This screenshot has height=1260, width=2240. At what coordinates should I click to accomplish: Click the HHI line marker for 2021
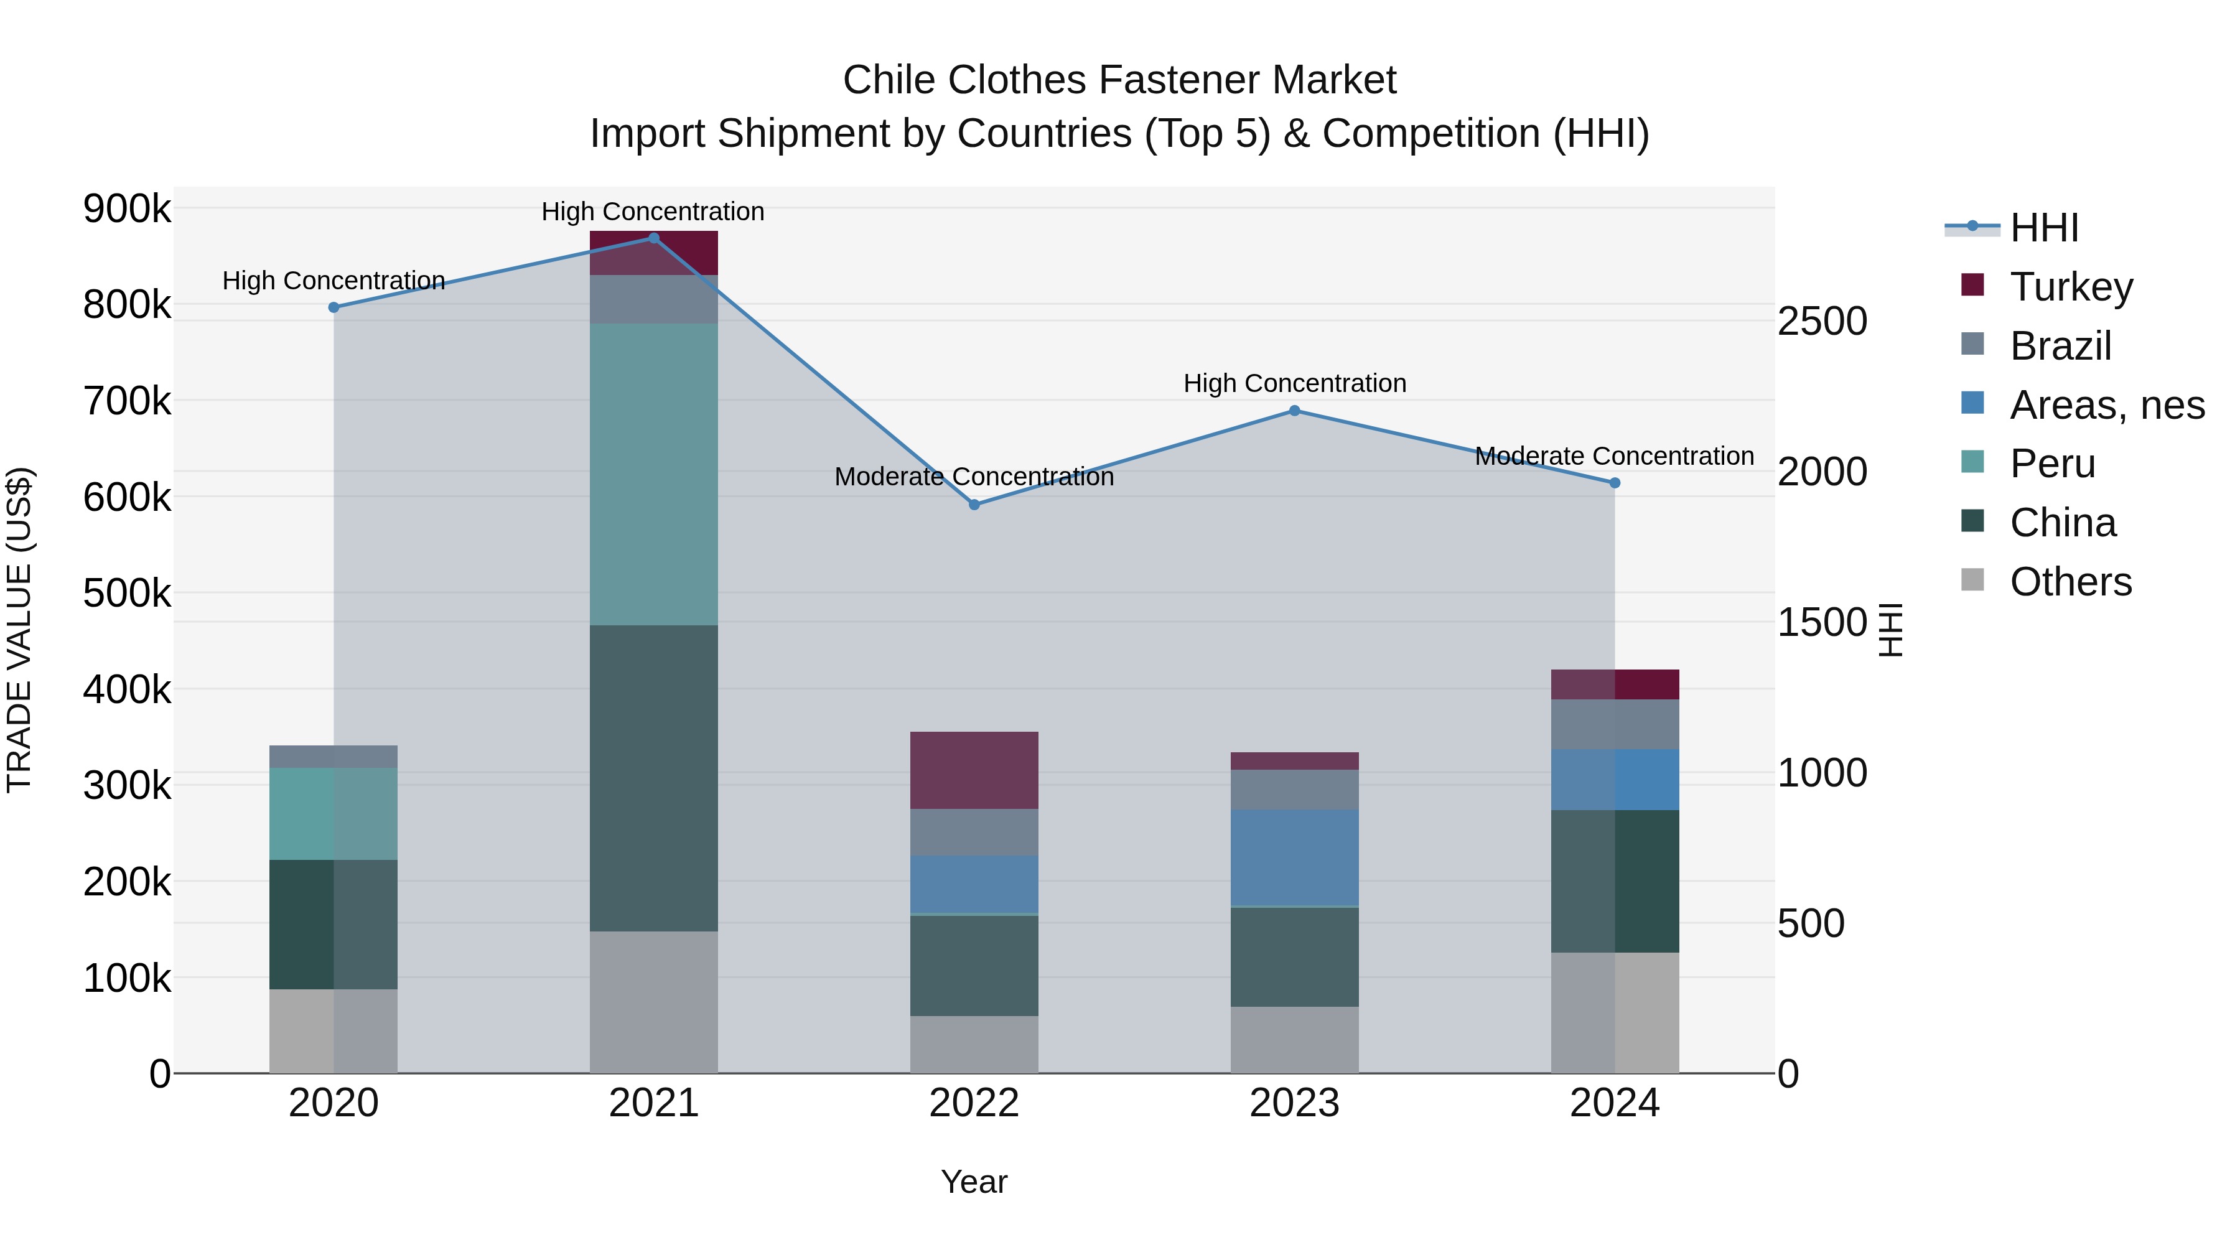click(x=654, y=238)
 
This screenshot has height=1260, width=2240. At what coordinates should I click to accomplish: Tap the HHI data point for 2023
click(x=1294, y=411)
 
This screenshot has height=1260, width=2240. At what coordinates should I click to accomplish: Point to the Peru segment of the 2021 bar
click(x=654, y=474)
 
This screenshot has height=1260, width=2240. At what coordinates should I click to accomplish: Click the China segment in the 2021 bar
click(x=654, y=778)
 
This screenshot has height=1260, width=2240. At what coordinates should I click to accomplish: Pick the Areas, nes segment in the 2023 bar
click(x=1294, y=857)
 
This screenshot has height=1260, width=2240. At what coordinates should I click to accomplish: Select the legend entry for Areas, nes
click(x=2106, y=405)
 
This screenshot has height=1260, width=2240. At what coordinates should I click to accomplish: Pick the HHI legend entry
click(x=2043, y=228)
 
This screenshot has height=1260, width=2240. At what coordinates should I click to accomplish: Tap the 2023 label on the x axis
click(x=1294, y=1103)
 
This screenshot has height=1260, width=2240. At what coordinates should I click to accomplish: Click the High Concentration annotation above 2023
click(x=1294, y=383)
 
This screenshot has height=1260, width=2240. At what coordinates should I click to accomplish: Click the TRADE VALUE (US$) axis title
click(x=19, y=630)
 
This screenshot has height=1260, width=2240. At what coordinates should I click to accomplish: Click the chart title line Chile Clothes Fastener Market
click(x=1119, y=80)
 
